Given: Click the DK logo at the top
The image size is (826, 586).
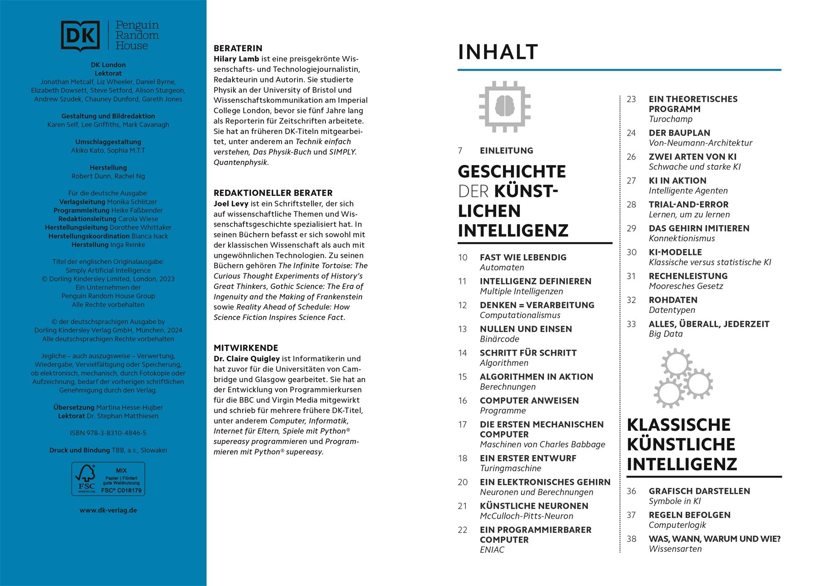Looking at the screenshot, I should (x=80, y=36).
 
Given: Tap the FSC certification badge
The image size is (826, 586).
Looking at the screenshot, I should (x=108, y=479).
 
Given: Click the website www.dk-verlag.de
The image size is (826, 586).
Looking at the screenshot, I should (x=108, y=510).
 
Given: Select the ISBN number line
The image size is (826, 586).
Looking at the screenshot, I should (x=108, y=433).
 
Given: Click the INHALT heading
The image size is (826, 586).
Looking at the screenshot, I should (x=498, y=52).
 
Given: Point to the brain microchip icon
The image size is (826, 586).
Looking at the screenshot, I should (x=505, y=107).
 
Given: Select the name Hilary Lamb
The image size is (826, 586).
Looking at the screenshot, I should (x=236, y=59).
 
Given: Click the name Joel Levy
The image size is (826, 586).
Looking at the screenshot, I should (x=231, y=204).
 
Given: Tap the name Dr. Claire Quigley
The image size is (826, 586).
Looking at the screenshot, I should (x=246, y=359).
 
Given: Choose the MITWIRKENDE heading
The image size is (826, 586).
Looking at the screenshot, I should (x=246, y=348).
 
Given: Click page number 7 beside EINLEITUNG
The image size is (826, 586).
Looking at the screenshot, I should (x=460, y=151).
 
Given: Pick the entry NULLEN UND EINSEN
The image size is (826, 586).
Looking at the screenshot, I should (x=526, y=329).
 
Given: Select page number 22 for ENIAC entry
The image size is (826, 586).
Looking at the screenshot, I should (x=462, y=530).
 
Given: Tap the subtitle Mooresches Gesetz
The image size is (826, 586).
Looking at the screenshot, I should (x=685, y=286).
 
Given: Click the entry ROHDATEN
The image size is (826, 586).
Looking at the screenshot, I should (x=673, y=300).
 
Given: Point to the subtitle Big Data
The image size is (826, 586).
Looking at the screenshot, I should (x=665, y=334).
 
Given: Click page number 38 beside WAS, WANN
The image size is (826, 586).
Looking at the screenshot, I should (x=631, y=539).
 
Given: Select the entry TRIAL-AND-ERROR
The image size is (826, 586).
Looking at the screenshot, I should (x=688, y=205).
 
